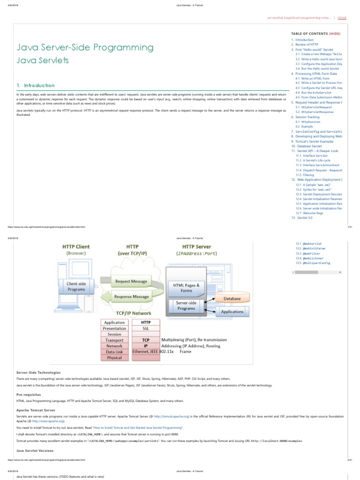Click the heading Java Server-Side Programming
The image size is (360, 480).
point(85,47)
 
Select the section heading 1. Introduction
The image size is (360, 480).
point(36,85)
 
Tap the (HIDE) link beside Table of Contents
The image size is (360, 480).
point(335,34)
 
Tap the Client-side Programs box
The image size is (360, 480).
point(75,286)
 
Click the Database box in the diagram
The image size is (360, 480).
point(232,299)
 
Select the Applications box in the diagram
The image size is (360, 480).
point(232,312)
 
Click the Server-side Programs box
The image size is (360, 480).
point(187,306)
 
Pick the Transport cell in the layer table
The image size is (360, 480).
point(114,340)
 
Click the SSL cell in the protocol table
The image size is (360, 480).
point(146,329)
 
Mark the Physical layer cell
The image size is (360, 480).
point(114,358)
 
